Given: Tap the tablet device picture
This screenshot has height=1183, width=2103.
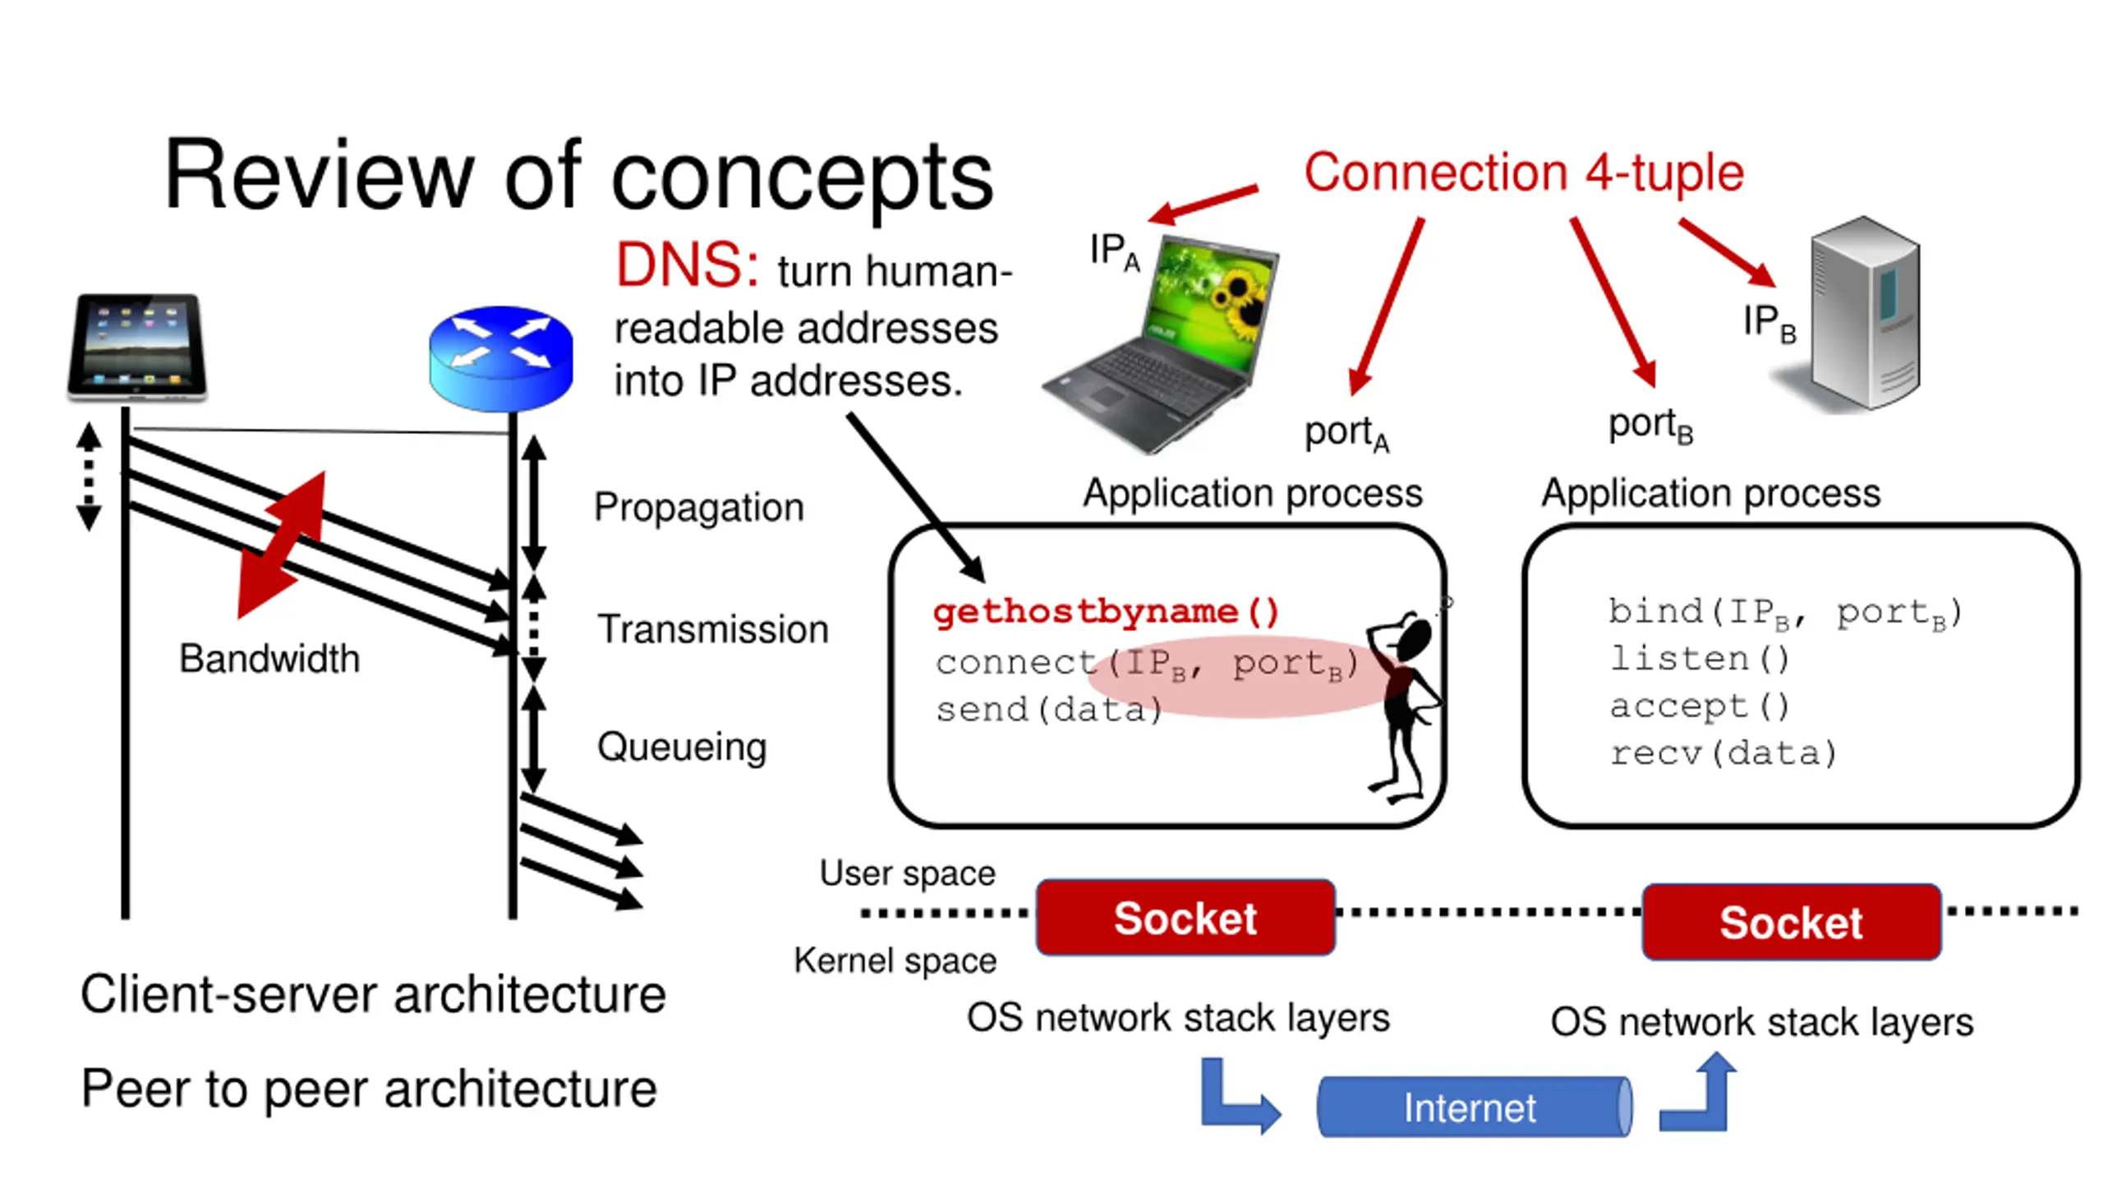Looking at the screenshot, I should point(137,347).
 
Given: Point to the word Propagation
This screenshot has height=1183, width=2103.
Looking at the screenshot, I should point(698,508).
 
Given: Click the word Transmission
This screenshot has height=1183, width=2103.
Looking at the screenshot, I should point(712,629).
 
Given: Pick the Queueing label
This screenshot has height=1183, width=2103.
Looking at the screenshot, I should point(682,748).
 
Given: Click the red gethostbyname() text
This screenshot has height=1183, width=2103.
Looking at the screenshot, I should point(1106,612).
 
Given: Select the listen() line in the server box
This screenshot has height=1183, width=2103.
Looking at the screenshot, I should point(1699,659).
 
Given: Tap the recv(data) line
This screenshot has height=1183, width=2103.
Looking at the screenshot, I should point(1723,753).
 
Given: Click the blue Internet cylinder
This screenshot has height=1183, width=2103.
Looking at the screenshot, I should point(1473,1107).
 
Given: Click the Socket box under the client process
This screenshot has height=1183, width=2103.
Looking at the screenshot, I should point(1185,918).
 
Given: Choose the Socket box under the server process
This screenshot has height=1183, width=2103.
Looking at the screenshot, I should point(1791,923).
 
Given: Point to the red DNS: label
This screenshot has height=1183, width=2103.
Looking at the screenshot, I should point(687,266).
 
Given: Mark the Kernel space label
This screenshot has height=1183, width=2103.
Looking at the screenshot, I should point(895,960).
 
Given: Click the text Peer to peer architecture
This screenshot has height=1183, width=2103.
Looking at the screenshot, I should point(369,1089).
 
